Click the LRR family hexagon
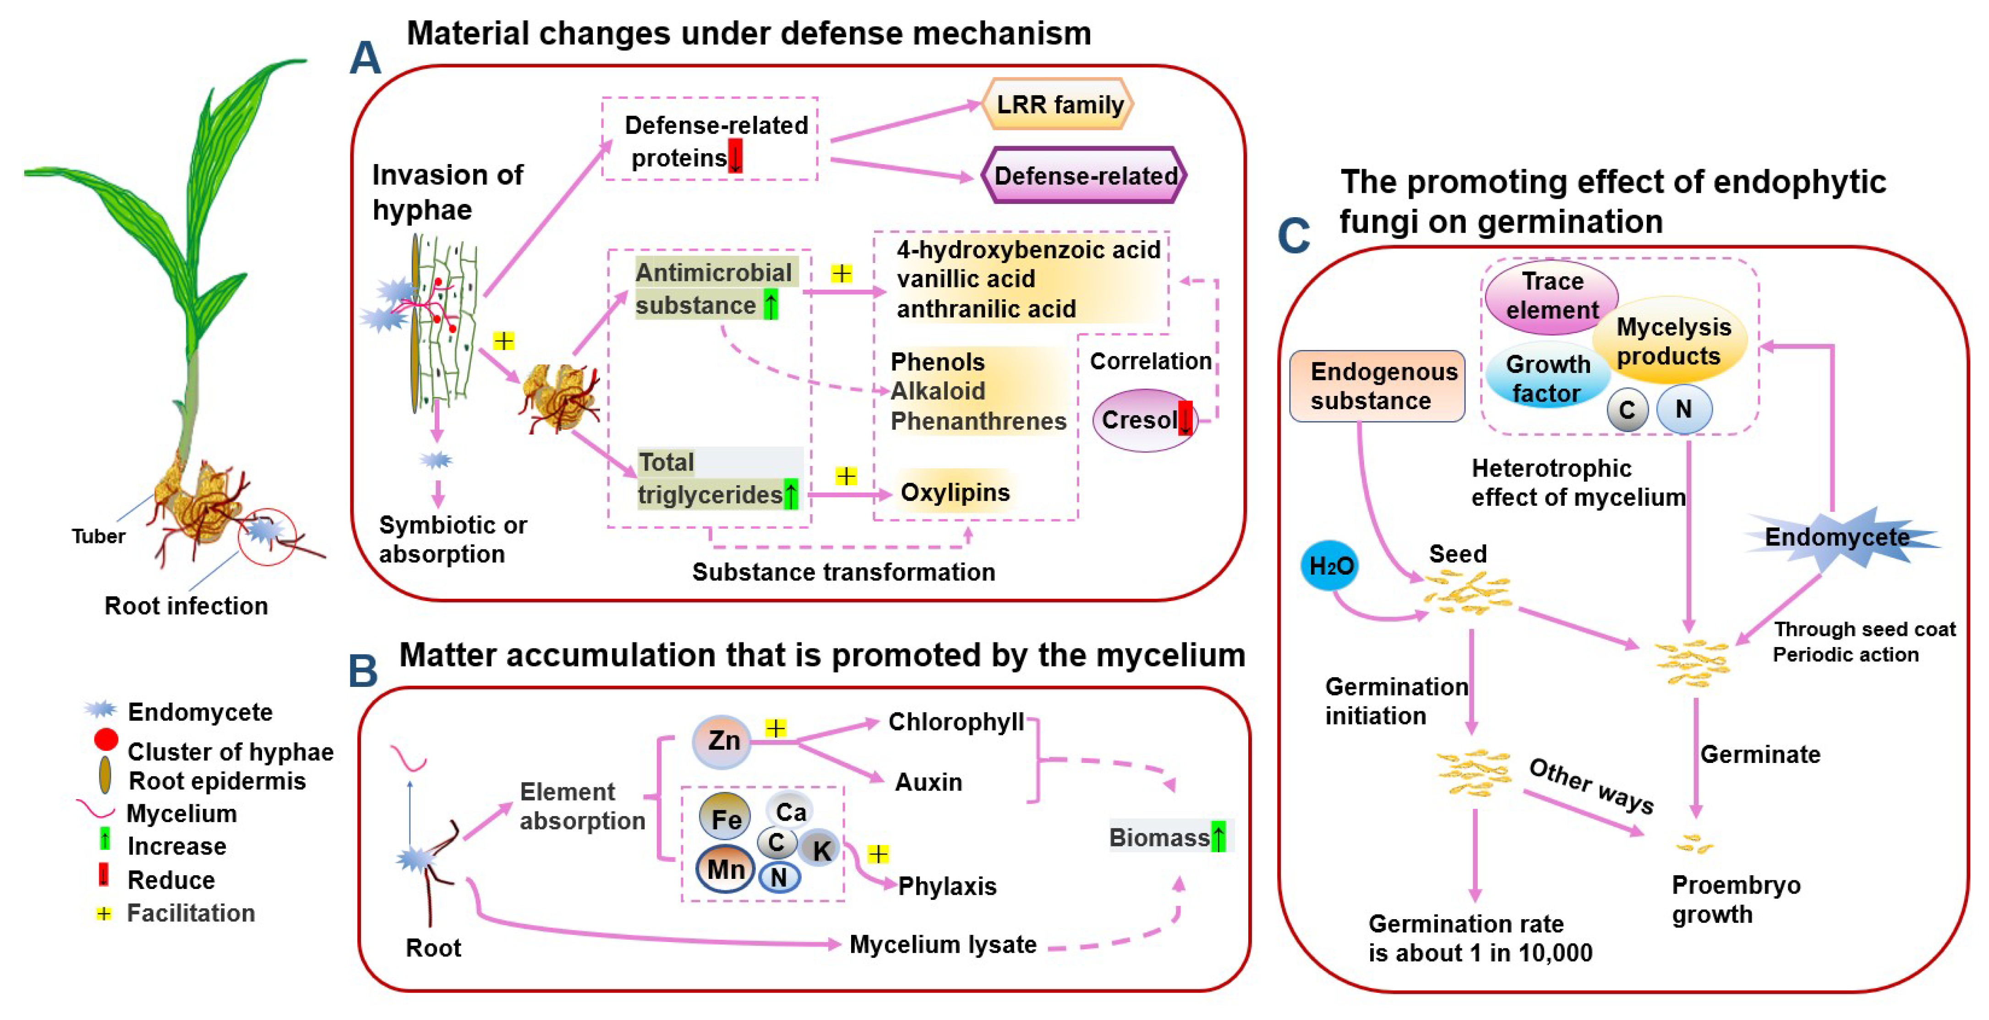pos(1058,104)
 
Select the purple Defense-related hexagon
pos(1084,175)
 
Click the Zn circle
pos(722,741)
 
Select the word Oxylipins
pos(955,492)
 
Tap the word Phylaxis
pos(947,886)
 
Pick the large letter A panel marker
pos(365,58)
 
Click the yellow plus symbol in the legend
pos(104,913)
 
